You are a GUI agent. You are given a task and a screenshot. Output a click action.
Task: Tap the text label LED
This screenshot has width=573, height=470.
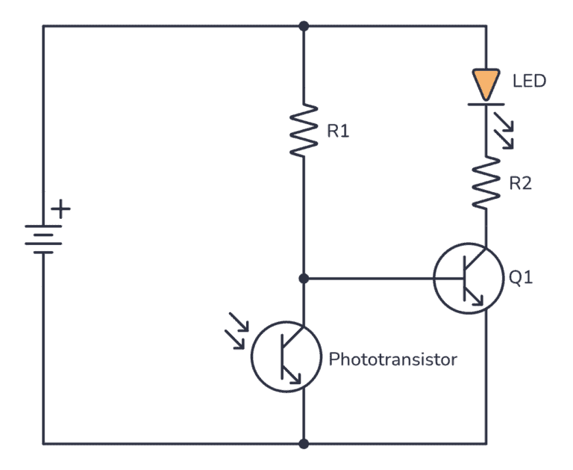(x=529, y=80)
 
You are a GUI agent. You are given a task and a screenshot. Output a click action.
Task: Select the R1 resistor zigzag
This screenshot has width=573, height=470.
(x=304, y=130)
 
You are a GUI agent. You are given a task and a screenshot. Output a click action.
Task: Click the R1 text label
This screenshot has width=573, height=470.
(x=338, y=132)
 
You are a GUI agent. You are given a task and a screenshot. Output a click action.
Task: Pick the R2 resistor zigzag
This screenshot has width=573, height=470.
(x=486, y=183)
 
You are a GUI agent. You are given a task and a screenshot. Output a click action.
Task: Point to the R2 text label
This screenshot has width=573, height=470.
(x=520, y=183)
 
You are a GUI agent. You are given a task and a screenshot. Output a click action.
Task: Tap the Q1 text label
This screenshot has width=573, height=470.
(x=521, y=279)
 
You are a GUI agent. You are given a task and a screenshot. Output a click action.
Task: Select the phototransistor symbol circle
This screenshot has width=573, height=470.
(x=285, y=357)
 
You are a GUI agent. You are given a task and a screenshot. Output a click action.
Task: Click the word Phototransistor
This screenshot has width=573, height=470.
(x=392, y=359)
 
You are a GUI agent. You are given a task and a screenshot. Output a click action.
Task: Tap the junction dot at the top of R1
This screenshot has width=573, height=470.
(x=304, y=26)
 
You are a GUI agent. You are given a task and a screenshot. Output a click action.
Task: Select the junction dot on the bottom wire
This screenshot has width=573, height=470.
(x=304, y=443)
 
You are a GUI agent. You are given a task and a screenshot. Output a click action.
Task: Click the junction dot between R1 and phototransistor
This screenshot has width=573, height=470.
(x=304, y=279)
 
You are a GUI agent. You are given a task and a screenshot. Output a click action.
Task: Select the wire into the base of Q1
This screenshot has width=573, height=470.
(x=373, y=279)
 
